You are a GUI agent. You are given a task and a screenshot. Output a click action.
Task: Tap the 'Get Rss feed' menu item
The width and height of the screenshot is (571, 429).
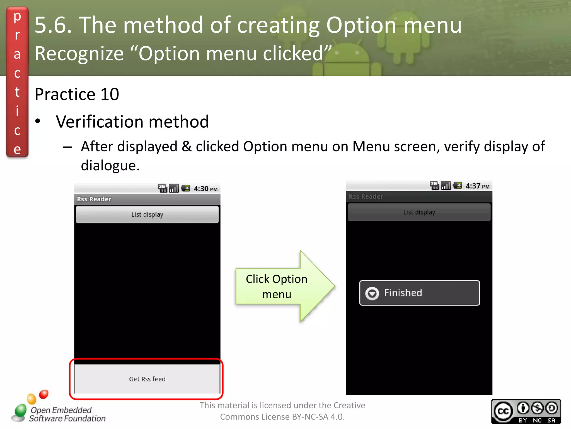pos(147,379)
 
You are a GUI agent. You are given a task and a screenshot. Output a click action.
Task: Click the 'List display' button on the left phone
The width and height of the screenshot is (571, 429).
pos(147,214)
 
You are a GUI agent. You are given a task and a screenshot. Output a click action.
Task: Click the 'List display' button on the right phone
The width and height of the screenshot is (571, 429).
pos(419,212)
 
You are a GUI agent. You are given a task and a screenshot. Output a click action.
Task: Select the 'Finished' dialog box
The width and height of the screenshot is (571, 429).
pos(419,293)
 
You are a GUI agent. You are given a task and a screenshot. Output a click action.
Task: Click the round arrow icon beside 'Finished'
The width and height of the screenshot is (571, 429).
pos(372,294)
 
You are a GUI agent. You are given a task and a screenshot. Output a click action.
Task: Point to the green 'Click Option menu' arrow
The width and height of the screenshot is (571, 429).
pos(284,287)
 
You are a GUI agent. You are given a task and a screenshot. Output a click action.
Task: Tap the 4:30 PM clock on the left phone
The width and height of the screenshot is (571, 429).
pos(205,189)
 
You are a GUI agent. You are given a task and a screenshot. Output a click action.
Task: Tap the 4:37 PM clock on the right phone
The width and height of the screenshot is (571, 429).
pos(477,186)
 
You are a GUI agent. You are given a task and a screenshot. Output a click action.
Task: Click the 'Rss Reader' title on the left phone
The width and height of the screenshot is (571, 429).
pos(94,199)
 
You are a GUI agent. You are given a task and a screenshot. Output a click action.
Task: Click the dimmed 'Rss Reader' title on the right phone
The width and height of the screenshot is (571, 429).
pos(366,197)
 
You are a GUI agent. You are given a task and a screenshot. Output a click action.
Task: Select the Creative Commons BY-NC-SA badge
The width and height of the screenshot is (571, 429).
pos(526,411)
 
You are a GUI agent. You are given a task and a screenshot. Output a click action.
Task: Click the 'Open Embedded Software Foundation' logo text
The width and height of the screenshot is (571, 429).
pos(67,414)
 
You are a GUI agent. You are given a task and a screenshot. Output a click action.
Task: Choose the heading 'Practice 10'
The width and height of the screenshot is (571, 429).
pos(77,94)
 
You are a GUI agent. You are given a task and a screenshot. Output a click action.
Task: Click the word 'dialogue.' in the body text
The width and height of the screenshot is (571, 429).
pos(110,165)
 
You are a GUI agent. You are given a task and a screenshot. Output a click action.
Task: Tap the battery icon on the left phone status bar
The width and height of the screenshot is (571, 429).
pos(186,188)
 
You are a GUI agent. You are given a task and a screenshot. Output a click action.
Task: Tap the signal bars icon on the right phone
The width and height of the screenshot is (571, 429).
pos(446,185)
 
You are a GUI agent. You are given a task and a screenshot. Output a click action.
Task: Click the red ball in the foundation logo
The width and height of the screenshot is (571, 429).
pos(44,394)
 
